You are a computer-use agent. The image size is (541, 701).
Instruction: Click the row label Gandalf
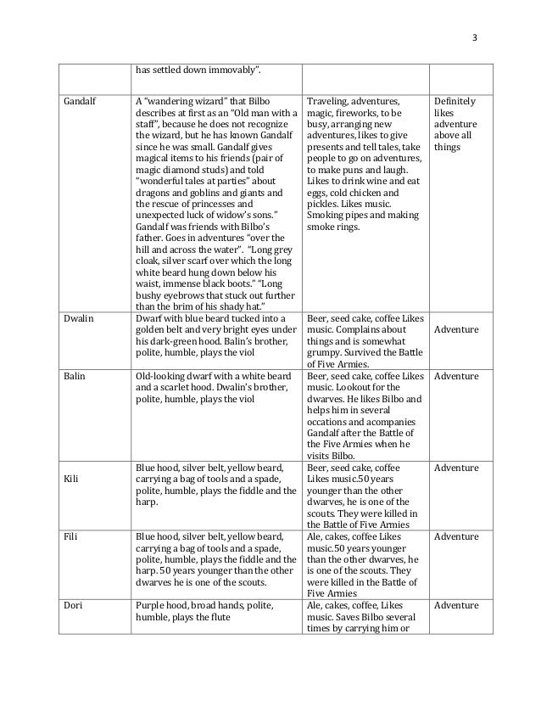[x=78, y=100]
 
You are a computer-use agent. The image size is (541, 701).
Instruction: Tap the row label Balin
[x=74, y=376]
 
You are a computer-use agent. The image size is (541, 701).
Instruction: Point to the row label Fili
[x=70, y=536]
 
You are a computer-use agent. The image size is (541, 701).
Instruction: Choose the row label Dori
[x=72, y=605]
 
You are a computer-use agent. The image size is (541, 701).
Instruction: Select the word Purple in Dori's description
[x=151, y=605]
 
